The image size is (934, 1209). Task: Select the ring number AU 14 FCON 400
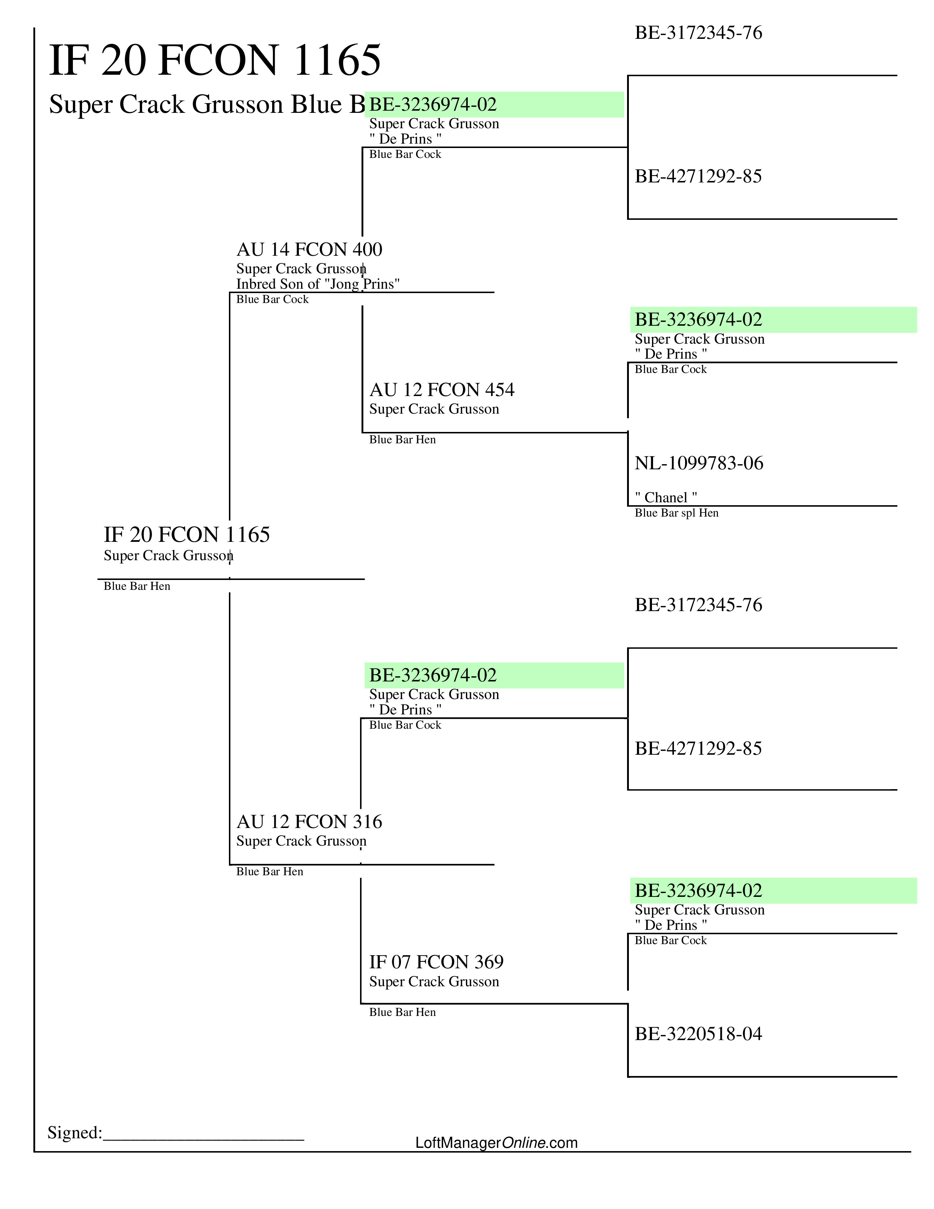(309, 249)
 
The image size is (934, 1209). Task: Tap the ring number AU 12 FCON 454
(442, 390)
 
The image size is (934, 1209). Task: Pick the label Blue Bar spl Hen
(676, 513)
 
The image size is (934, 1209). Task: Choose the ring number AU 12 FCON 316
(309, 821)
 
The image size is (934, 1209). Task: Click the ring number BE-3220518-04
(698, 1034)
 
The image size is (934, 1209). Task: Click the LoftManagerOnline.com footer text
(496, 1143)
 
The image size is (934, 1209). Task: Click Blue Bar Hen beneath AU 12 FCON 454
(402, 440)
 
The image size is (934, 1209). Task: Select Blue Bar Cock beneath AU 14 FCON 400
(272, 299)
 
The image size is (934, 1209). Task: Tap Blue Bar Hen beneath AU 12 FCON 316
(270, 872)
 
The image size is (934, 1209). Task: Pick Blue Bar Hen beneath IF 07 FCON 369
(402, 1013)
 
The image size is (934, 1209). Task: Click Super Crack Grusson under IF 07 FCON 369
(434, 982)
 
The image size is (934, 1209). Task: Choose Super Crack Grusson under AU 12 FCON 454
(434, 409)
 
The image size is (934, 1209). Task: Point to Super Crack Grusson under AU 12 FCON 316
(301, 842)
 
